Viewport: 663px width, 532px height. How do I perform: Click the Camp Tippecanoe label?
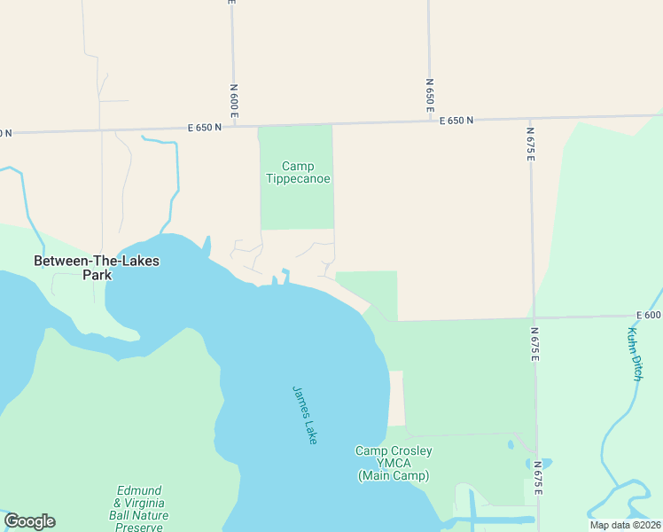coord(298,172)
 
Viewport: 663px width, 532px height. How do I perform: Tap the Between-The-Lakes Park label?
coord(85,268)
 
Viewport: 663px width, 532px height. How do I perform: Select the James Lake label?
coord(305,414)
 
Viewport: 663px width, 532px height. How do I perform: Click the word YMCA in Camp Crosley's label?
coord(394,464)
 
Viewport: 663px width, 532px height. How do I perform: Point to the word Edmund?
coord(139,490)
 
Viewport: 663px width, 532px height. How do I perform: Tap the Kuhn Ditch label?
coord(635,354)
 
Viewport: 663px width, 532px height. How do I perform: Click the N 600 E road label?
coord(234,100)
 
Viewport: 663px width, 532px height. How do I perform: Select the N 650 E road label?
coord(430,92)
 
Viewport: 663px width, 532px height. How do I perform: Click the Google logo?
coord(29,521)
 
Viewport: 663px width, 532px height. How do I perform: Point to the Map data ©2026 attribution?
coord(625,525)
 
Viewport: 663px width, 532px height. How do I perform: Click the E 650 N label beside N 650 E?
coord(456,121)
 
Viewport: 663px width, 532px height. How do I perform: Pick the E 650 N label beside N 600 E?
coord(204,128)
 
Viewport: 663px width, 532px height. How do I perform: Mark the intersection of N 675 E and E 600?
coord(533,317)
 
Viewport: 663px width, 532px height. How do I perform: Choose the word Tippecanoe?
coord(298,178)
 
